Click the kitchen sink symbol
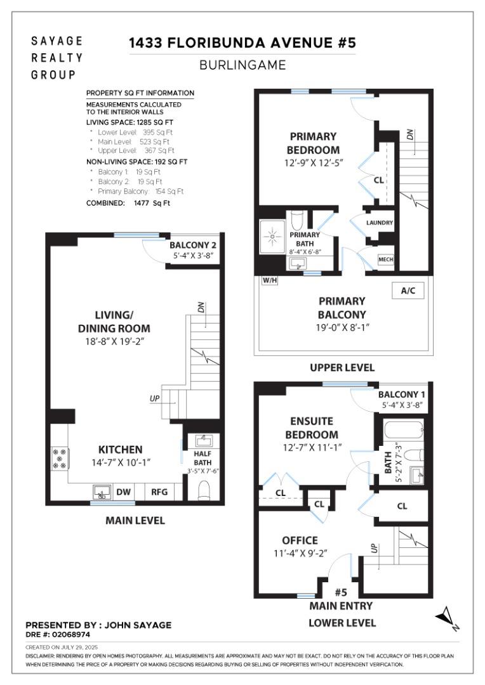(x=101, y=491)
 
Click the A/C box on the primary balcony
(x=408, y=290)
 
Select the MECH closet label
(x=385, y=260)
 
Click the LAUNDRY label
(x=380, y=223)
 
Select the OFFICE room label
(x=300, y=540)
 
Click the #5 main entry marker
(x=340, y=592)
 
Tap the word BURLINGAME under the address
(x=242, y=65)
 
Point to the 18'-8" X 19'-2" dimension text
(x=114, y=341)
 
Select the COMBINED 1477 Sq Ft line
(x=128, y=203)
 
